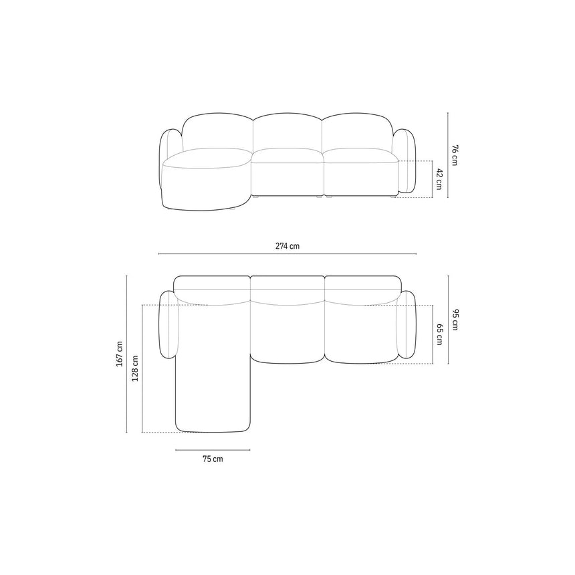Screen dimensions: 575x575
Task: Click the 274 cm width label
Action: (287, 246)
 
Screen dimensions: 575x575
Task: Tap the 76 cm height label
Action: (455, 156)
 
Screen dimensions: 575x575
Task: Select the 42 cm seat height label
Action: (439, 179)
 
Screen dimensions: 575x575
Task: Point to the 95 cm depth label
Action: (455, 320)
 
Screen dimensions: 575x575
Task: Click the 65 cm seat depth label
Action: (439, 334)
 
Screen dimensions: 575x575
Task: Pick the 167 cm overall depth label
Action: (119, 354)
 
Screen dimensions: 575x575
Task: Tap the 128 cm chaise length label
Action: (135, 368)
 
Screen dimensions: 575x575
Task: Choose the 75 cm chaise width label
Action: (213, 459)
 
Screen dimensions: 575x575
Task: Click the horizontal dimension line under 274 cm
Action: (287, 253)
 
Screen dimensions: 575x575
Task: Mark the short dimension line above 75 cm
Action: (213, 449)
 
